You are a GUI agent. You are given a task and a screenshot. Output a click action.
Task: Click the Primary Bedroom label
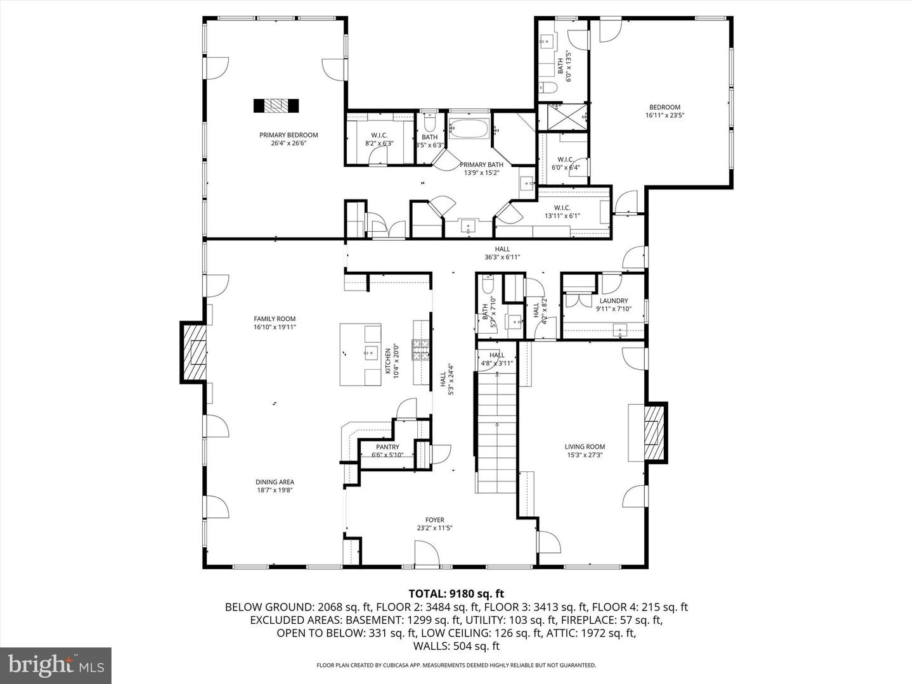(288, 135)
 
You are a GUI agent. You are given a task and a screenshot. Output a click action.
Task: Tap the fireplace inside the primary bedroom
(276, 106)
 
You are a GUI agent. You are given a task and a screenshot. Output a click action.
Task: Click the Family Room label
(275, 319)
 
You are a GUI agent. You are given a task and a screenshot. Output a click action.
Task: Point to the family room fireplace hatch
(195, 352)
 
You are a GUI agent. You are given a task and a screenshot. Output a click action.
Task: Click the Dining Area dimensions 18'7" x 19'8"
(275, 490)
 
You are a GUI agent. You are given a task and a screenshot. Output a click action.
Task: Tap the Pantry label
(387, 447)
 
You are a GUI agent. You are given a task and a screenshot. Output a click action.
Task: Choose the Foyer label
(434, 520)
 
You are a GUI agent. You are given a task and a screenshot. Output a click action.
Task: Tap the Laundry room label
(613, 301)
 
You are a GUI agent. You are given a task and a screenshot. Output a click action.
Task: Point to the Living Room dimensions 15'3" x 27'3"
(585, 455)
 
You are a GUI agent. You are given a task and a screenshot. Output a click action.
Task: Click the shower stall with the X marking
(563, 117)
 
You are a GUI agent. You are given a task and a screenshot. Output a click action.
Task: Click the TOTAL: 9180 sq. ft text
(456, 593)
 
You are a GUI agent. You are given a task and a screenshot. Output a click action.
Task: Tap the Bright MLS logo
(56, 665)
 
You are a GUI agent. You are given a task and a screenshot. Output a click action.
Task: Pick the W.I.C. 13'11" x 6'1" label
(562, 212)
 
